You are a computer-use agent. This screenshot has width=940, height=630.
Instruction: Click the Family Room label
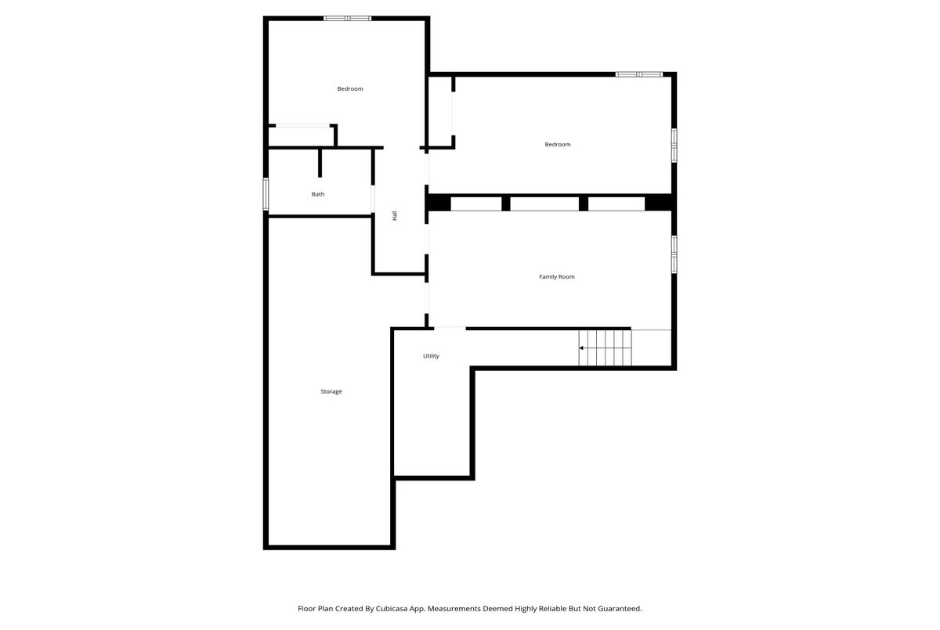click(556, 276)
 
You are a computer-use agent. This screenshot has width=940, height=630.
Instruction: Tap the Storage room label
click(331, 391)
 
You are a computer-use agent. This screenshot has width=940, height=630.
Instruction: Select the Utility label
click(431, 356)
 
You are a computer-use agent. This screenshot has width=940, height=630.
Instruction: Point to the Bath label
click(318, 194)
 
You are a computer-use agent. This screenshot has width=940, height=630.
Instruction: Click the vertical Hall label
click(395, 215)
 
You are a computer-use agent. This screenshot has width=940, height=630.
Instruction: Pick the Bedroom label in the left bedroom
click(350, 89)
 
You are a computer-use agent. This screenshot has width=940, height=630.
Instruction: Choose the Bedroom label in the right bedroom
click(557, 145)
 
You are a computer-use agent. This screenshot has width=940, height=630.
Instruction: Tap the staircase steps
click(605, 348)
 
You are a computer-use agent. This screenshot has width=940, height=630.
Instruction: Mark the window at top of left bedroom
click(348, 19)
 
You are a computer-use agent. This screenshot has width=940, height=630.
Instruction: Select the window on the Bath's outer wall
click(266, 194)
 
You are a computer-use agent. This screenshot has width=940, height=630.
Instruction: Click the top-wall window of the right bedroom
click(639, 74)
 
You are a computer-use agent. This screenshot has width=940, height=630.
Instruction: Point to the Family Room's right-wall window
click(674, 254)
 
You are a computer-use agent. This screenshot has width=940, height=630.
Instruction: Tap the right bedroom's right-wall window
click(674, 146)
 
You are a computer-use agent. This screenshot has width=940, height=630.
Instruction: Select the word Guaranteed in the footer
click(620, 609)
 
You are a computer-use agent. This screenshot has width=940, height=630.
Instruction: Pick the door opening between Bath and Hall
click(373, 199)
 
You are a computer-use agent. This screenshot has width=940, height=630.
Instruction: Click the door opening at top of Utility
click(450, 329)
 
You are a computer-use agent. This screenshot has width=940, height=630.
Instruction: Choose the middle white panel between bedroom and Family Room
click(544, 203)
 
